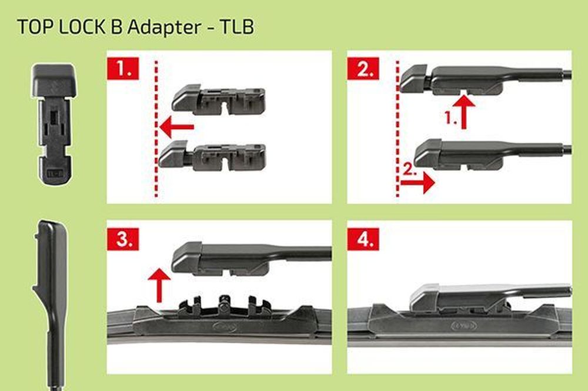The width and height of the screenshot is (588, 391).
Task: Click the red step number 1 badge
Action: coord(123,69)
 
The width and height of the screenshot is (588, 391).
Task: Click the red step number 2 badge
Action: coord(363,69)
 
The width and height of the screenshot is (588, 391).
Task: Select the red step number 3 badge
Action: coord(123,239)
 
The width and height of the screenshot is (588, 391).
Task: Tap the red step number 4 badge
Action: coord(363,239)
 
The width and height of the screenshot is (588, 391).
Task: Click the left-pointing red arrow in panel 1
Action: coord(177,127)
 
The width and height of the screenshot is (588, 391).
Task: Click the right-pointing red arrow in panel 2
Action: coord(417,183)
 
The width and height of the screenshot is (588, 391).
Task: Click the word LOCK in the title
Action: coord(82,27)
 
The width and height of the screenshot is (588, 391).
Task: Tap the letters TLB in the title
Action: coord(237,27)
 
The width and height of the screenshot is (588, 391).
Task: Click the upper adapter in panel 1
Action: coord(219,99)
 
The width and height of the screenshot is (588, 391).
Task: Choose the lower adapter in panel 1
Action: coord(212,155)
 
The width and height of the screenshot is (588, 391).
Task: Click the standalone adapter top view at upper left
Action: coord(54,125)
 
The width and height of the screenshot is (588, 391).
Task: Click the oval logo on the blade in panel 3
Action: coord(225,326)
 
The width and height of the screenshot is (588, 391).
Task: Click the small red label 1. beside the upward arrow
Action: coord(451,118)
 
